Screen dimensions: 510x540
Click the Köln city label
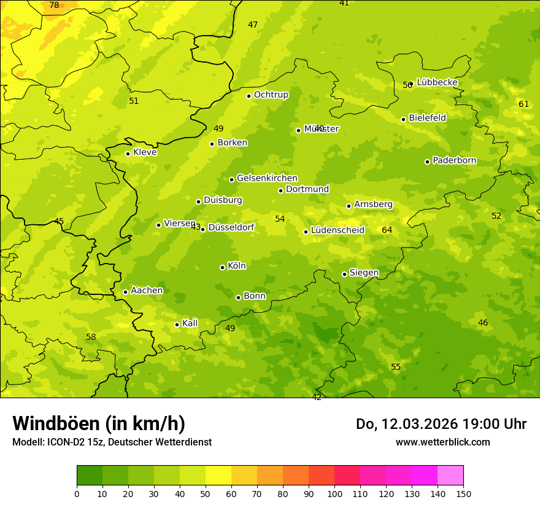tap(236, 266)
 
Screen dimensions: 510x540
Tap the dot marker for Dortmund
tap(280, 190)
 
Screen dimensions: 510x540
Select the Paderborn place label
tap(454, 160)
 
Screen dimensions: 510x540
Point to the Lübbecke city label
tap(437, 82)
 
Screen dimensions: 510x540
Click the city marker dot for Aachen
tap(125, 292)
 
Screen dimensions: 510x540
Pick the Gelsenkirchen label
tap(267, 178)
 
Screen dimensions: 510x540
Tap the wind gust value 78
tap(54, 6)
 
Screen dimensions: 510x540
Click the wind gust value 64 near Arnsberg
tap(387, 230)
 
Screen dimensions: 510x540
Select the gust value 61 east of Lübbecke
tap(523, 104)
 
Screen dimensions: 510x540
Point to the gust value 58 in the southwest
tap(91, 337)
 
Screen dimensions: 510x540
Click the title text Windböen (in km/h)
tap(99, 423)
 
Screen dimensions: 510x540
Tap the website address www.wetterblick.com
tap(442, 442)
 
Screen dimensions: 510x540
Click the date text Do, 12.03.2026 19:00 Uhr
tap(441, 424)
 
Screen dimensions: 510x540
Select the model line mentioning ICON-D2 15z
tap(112, 442)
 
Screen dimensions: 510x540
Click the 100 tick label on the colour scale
tap(334, 493)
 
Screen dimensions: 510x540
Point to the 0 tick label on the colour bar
tap(77, 493)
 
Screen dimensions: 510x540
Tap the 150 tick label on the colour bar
tap(463, 493)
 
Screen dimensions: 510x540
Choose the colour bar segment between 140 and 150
tap(450, 476)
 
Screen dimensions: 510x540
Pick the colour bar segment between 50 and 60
tap(218, 476)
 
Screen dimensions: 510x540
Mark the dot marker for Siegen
tap(344, 274)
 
